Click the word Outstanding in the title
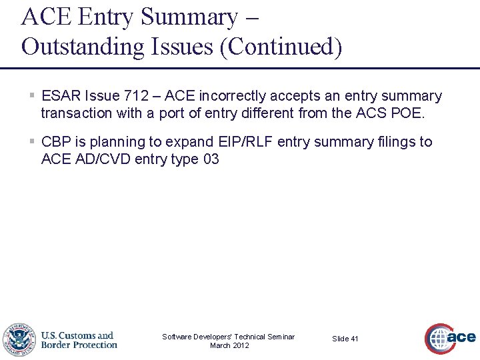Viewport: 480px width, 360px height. coord(82,47)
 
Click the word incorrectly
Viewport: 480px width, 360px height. coord(232,97)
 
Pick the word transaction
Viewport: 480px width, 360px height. coord(76,113)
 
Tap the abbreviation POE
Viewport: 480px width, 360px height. coord(407,113)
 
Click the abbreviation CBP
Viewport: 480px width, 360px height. coord(56,142)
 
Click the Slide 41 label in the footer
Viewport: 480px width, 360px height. coord(345,339)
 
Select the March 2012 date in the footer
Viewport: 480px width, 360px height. coord(229,345)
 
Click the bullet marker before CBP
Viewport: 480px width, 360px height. coord(32,142)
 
